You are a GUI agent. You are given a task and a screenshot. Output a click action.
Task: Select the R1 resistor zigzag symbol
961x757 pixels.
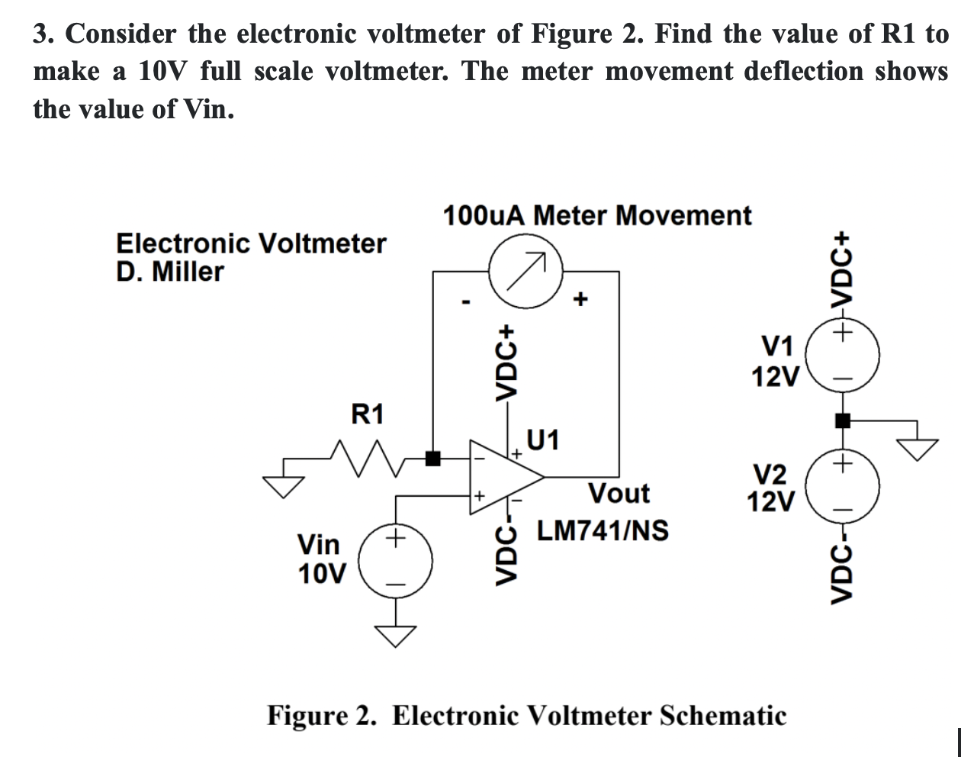tap(368, 458)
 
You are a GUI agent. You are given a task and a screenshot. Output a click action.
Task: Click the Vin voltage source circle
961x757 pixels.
tap(395, 562)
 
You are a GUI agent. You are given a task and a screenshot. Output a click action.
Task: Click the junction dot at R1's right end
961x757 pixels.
tap(433, 459)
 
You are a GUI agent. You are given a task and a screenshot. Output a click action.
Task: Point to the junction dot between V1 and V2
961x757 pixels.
tap(843, 420)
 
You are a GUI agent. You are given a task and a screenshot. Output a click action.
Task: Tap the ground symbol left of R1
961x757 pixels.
tap(284, 484)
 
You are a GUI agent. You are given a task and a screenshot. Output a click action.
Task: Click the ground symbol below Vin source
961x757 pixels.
tap(395, 634)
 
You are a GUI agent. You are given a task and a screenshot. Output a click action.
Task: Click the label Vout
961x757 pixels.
tap(619, 493)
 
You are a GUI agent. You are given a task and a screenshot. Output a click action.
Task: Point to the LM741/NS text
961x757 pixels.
tap(602, 530)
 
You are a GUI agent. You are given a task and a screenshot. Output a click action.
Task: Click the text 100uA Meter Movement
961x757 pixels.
tap(596, 215)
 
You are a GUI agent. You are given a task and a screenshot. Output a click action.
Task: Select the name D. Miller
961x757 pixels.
tap(170, 272)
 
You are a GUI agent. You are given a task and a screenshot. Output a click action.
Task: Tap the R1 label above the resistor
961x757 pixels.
tap(368, 415)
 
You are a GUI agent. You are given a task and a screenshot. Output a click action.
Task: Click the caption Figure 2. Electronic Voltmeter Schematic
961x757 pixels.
tap(525, 716)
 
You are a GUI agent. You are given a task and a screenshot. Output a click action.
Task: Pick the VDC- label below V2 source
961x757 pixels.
tap(841, 567)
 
